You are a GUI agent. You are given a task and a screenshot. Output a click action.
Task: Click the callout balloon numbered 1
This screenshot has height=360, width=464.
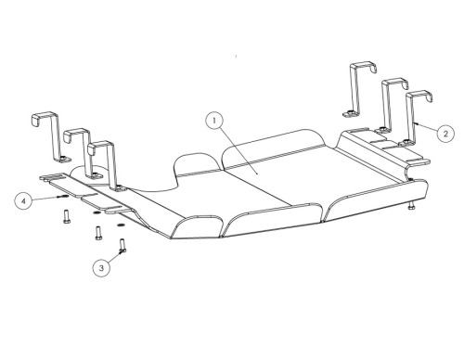(x=214, y=121)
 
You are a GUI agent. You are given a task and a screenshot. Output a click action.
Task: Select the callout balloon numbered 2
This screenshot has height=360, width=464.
(x=445, y=134)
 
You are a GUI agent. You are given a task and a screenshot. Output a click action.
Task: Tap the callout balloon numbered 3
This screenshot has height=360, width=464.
(x=101, y=268)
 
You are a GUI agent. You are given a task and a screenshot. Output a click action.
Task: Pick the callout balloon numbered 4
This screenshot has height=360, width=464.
(x=23, y=201)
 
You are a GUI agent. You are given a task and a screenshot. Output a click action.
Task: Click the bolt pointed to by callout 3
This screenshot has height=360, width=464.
(x=122, y=245)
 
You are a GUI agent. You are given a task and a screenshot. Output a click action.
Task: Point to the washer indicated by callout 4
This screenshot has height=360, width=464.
(x=64, y=196)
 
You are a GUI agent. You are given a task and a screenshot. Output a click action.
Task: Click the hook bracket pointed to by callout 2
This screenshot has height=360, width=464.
(x=415, y=118)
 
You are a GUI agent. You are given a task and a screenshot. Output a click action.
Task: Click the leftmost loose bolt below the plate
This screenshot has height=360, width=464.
(x=67, y=216)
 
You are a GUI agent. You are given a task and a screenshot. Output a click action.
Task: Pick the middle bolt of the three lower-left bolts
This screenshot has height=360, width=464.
(x=98, y=233)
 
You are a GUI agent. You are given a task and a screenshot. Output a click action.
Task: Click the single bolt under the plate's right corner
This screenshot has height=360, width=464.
(x=411, y=206)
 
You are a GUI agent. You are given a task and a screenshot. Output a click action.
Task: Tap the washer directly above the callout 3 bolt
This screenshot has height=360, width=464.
(x=121, y=225)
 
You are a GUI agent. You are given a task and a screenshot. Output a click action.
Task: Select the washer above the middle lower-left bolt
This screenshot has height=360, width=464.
(x=97, y=213)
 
